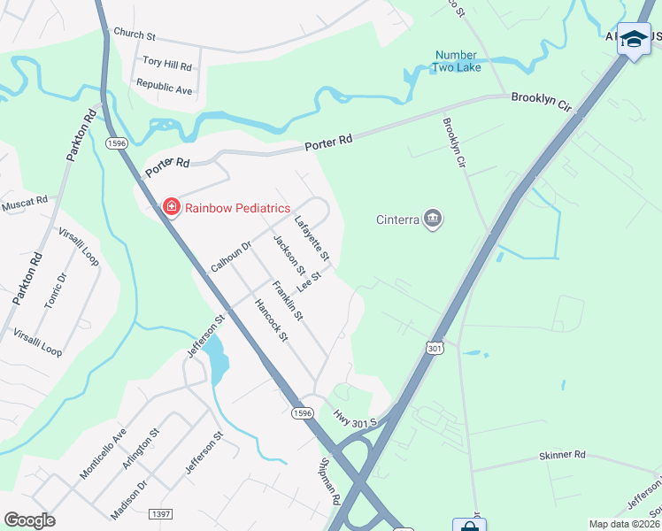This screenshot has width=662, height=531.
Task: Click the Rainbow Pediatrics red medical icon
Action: click(x=171, y=207)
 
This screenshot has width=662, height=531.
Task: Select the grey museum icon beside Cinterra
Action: click(x=433, y=219)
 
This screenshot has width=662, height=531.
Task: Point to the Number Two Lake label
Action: click(x=456, y=60)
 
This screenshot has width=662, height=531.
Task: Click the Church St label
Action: click(x=135, y=35)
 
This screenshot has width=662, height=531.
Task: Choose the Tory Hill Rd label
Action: click(x=167, y=64)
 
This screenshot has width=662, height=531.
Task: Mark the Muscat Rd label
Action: click(x=25, y=204)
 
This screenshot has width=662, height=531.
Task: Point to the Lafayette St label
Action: click(x=312, y=239)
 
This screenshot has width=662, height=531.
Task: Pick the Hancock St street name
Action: click(x=271, y=319)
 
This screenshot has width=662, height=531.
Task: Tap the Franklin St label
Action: click(x=288, y=300)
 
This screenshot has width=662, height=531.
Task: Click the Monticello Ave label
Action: click(x=104, y=453)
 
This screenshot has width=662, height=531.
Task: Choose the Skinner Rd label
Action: click(x=561, y=455)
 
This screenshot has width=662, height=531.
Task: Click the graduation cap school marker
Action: click(x=633, y=39)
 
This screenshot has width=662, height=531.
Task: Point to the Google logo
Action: click(x=29, y=520)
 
